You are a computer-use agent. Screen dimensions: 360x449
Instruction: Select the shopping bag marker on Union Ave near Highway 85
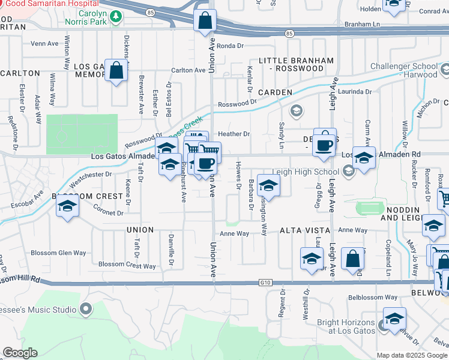pos(205,21)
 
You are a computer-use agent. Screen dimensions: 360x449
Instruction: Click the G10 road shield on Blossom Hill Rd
pos(265,281)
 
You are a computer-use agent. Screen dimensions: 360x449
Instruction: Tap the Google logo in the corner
pos(20,353)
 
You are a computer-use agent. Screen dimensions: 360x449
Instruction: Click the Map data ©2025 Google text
pos(412,355)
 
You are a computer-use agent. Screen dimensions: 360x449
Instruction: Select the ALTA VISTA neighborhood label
pos(305,230)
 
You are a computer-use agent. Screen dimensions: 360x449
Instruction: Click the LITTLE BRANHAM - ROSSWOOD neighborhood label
pos(296,65)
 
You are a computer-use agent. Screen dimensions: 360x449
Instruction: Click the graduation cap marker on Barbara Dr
pos(268,185)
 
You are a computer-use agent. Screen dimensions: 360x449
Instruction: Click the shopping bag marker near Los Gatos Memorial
pos(116,70)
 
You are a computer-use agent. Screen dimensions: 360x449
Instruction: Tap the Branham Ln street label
pos(364,24)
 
